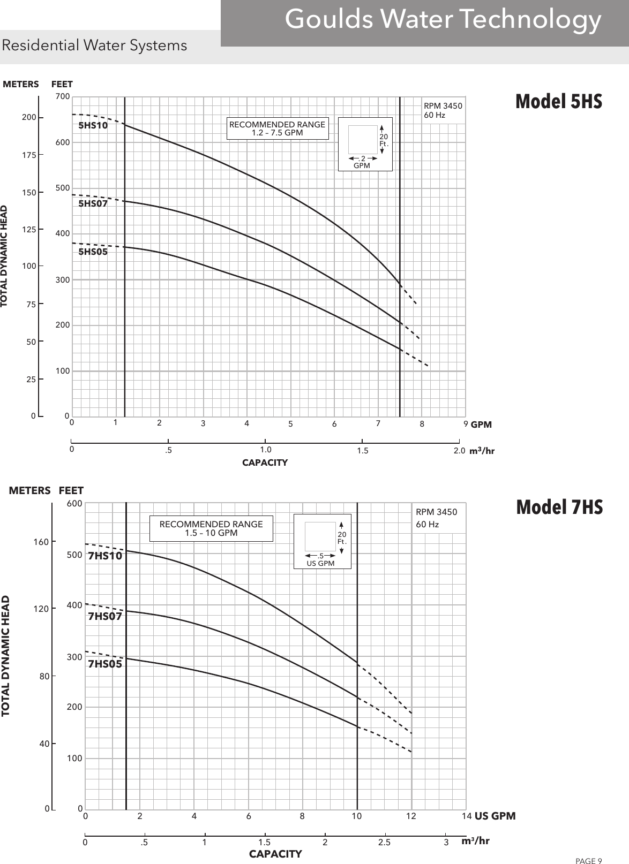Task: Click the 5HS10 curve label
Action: [93, 126]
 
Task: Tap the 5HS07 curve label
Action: [93, 204]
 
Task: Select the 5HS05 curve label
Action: [93, 252]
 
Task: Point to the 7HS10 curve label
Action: [105, 556]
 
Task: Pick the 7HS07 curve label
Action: [105, 616]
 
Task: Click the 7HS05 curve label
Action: [105, 664]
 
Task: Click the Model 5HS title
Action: [559, 101]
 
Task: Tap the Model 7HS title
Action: [559, 507]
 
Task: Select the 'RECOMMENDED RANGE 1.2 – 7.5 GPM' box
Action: [277, 128]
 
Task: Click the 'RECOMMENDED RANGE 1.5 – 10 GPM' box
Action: [211, 528]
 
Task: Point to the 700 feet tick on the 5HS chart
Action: [63, 97]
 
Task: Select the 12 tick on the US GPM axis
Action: [411, 816]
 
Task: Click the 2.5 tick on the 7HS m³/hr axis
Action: [384, 842]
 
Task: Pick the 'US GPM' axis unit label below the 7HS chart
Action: [495, 816]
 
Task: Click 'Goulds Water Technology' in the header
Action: [443, 20]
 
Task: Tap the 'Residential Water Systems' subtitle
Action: [95, 46]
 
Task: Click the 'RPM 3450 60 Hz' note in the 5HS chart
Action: [443, 111]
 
